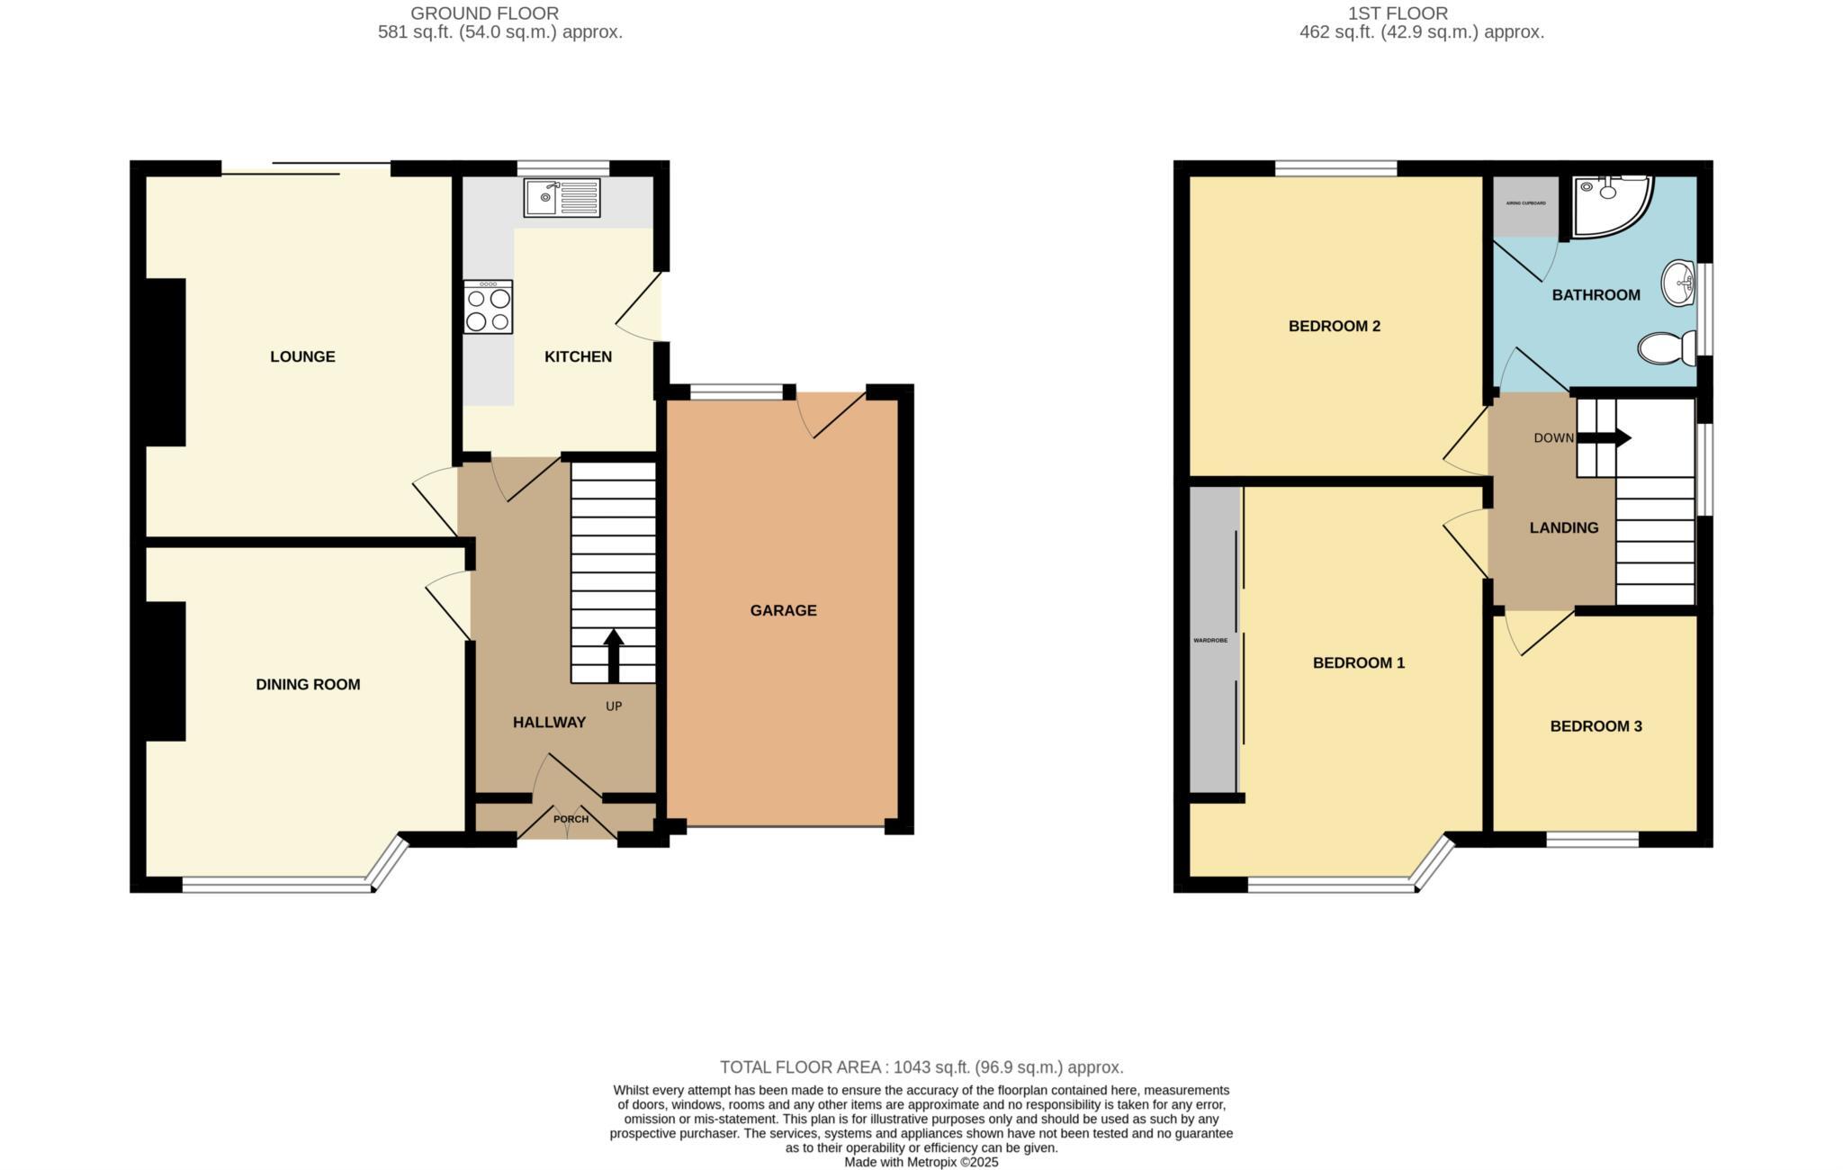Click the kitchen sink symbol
(562, 198)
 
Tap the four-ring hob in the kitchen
(488, 308)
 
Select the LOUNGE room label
(302, 356)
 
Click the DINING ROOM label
(308, 684)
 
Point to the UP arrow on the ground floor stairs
(614, 655)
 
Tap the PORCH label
(571, 819)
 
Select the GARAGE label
(783, 610)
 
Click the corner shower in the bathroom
(1610, 206)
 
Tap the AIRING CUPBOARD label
(1525, 203)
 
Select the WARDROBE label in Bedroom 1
(1209, 641)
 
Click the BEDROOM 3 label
(1596, 726)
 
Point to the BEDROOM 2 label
(1334, 326)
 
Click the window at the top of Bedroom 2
(1335, 168)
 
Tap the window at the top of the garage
(736, 391)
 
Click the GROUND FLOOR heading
(484, 13)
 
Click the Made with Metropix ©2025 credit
(921, 1162)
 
